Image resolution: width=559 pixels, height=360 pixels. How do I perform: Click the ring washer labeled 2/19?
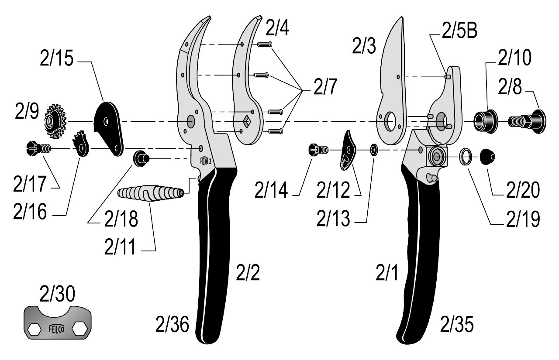pos(466,156)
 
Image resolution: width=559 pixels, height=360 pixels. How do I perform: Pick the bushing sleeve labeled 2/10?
pos(486,120)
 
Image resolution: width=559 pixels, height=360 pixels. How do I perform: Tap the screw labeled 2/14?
pos(317,150)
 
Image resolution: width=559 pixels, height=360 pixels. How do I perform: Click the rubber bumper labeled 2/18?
pos(141,158)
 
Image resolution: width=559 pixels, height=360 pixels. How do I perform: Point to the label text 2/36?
pos(172,325)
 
